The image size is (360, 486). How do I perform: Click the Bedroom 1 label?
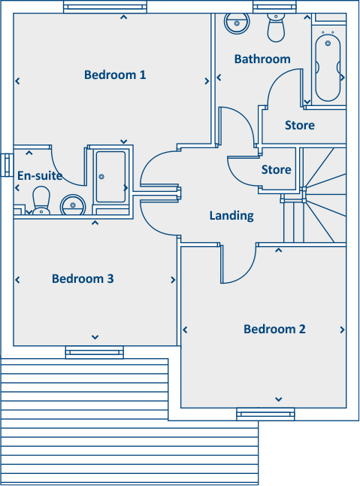click(115, 74)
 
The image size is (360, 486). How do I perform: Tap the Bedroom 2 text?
click(274, 329)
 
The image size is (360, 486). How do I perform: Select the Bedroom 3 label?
click(83, 279)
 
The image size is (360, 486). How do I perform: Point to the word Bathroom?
click(262, 59)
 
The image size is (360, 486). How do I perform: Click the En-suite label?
click(39, 176)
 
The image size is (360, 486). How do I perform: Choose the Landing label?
click(231, 216)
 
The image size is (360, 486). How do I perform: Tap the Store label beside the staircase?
click(276, 170)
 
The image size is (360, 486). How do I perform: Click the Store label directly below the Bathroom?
click(299, 125)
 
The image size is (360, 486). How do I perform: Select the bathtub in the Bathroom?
click(328, 65)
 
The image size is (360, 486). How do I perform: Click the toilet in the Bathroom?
click(277, 29)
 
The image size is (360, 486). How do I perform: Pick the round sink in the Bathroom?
click(237, 23)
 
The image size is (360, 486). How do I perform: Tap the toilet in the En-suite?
click(40, 202)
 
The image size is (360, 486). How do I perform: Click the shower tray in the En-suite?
click(111, 177)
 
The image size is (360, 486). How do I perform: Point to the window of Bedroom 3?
click(94, 351)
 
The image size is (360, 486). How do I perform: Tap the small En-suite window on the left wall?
click(7, 163)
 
